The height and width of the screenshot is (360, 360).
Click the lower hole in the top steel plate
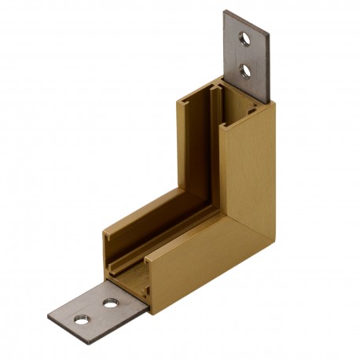[x=246, y=71]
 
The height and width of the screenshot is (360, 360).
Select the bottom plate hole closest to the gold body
[x=111, y=303]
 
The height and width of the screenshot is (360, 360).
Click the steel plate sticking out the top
[x=247, y=55]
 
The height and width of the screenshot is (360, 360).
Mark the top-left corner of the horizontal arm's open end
[x=105, y=233]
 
